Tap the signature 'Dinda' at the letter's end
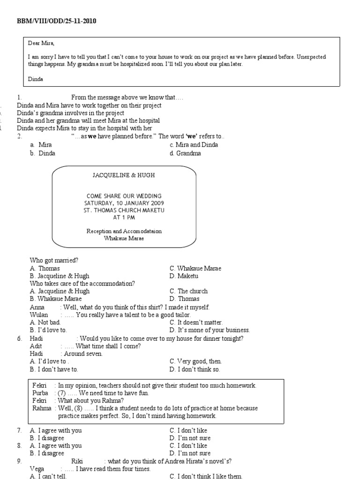click(36, 79)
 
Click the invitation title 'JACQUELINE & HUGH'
click(124, 175)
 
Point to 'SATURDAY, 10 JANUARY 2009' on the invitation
click(124, 203)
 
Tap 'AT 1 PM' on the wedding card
click(124, 217)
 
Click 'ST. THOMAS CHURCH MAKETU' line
click(124, 210)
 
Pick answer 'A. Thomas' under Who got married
click(45, 269)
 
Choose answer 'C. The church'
click(188, 291)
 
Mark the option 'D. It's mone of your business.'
click(210, 330)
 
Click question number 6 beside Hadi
click(19, 338)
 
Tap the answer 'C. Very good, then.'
click(195, 361)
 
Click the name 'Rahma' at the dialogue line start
click(41, 408)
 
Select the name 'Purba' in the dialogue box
click(40, 393)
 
